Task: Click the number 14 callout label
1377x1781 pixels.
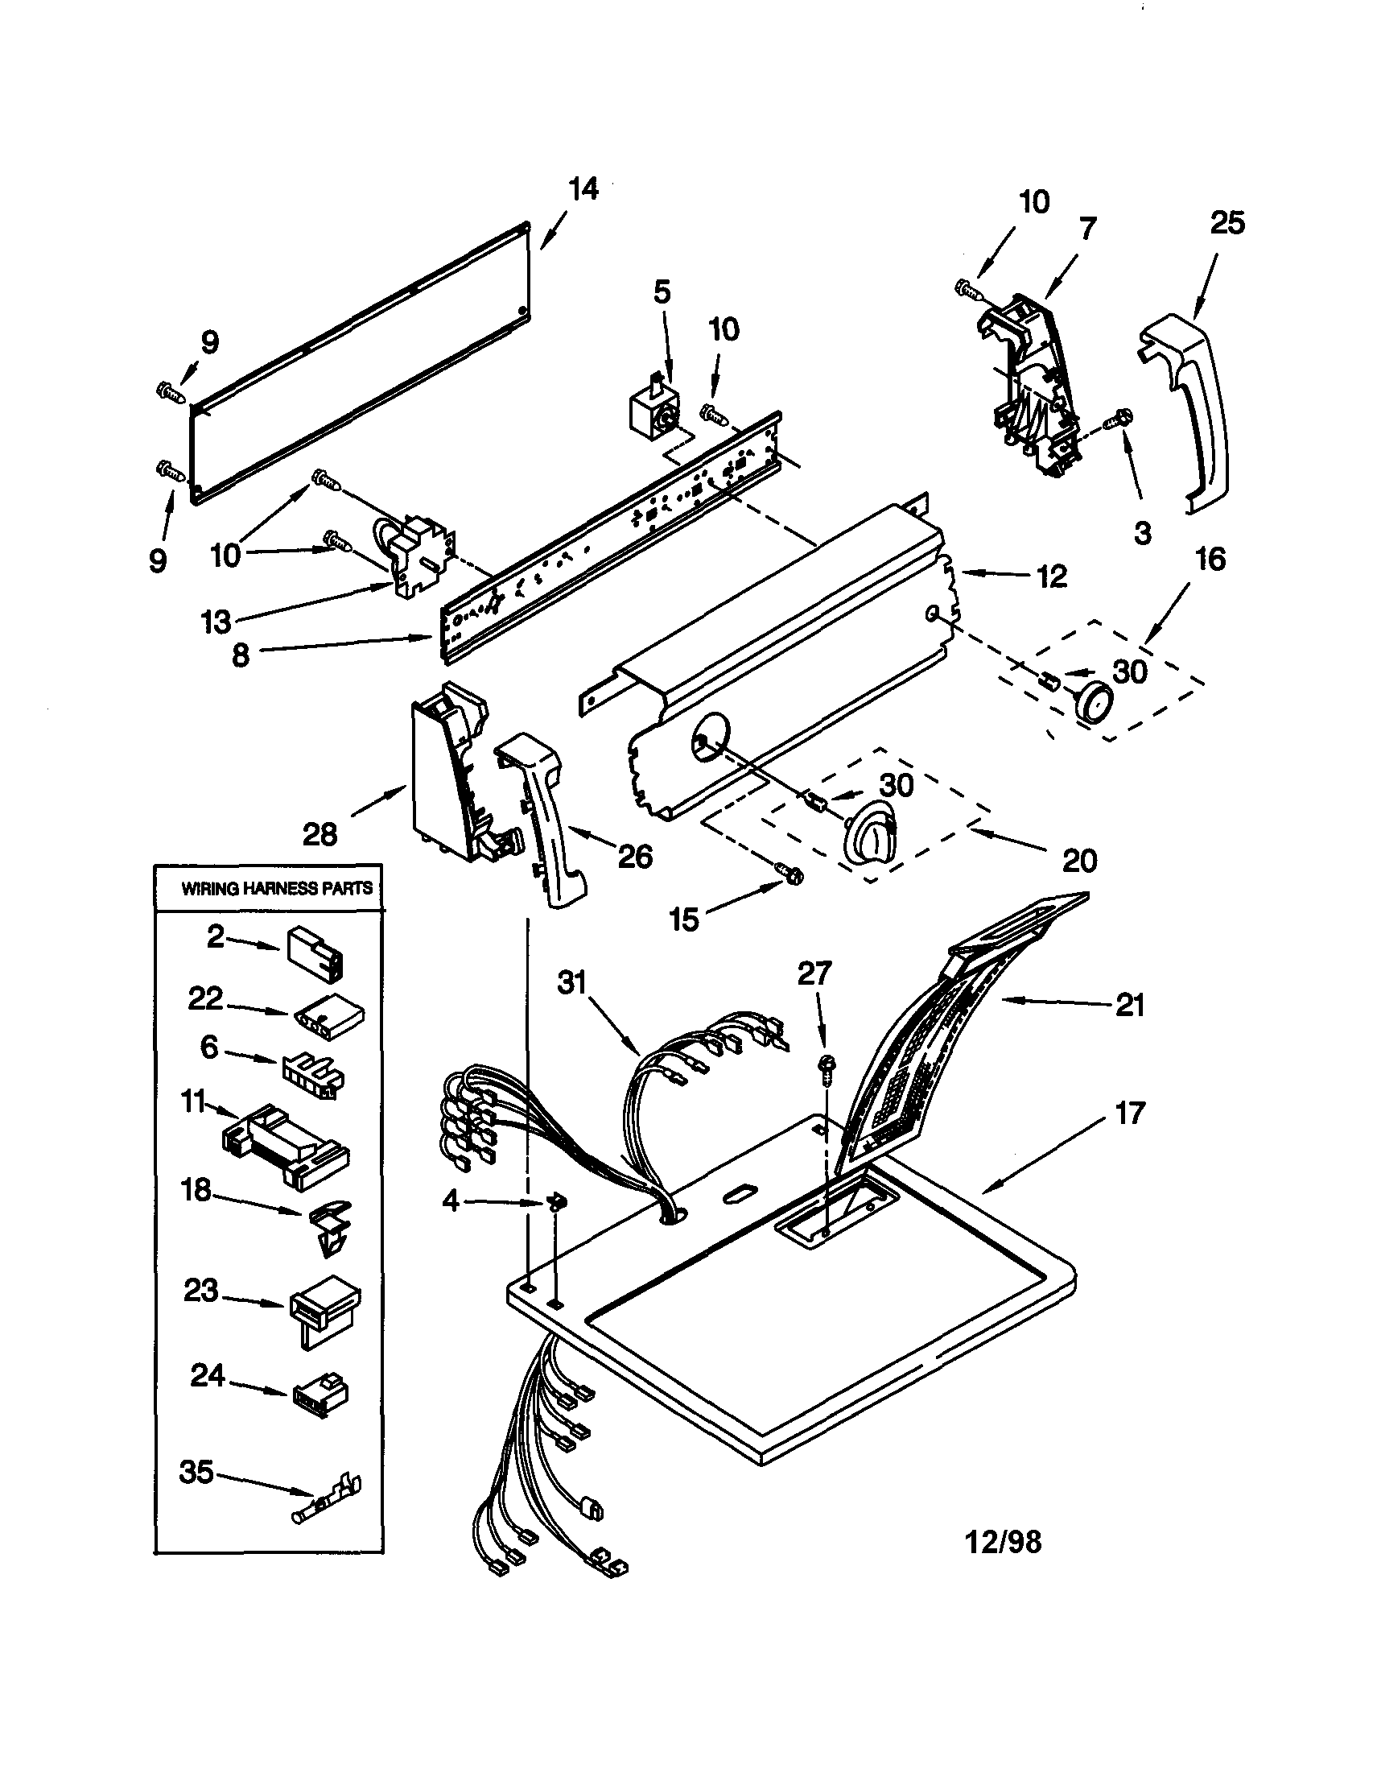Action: pos(583,189)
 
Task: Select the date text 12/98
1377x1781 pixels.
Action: pos(1003,1541)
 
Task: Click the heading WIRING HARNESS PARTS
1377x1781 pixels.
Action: pos(276,888)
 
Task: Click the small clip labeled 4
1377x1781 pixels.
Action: pos(558,1202)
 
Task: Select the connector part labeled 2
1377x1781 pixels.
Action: pos(315,952)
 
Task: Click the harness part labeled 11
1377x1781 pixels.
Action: pos(285,1137)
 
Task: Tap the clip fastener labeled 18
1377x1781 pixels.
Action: pos(330,1226)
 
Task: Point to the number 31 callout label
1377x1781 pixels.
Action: pos(571,981)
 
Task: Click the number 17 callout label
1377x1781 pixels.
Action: pos(1128,1112)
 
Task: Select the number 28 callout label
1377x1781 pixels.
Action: pos(320,834)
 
